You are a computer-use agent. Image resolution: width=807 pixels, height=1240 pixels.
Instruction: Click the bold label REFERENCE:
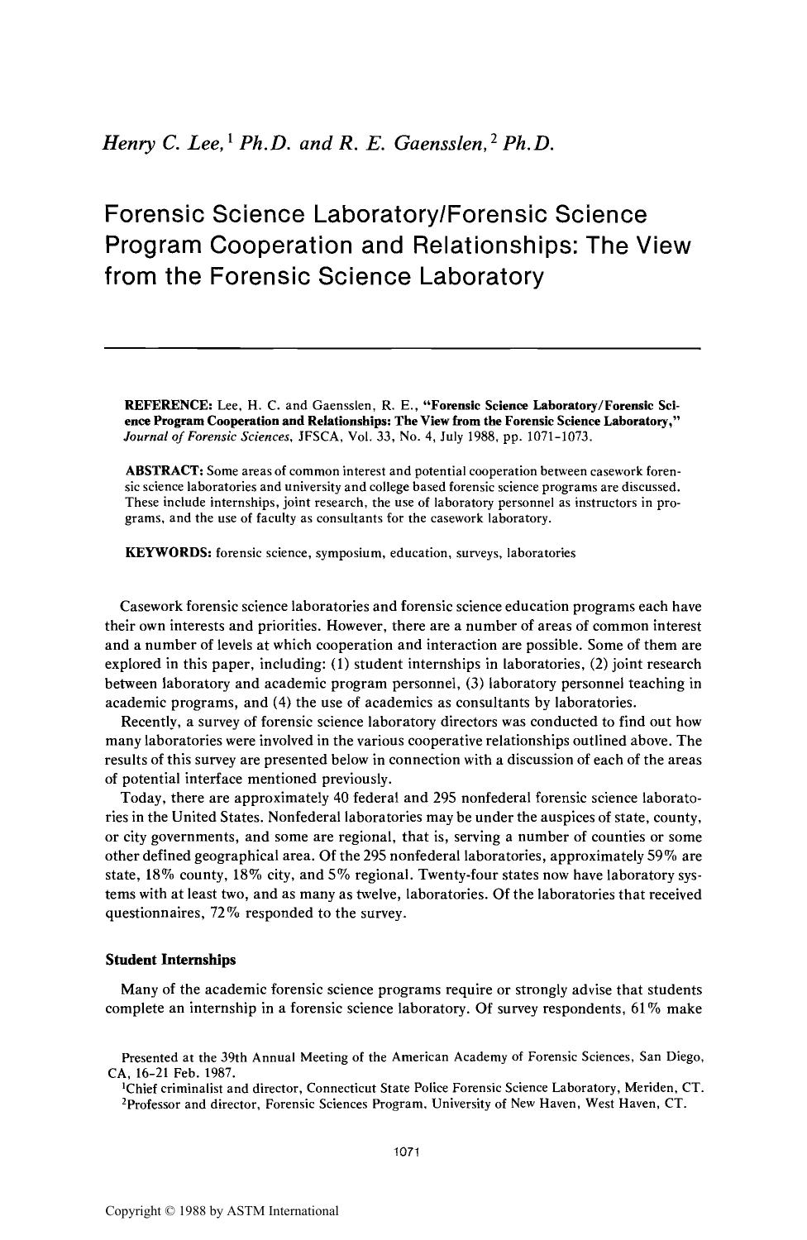tap(168, 406)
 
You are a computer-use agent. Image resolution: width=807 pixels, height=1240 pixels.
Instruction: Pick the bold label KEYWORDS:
tap(168, 552)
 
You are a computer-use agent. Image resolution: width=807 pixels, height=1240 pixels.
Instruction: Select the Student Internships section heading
tap(170, 960)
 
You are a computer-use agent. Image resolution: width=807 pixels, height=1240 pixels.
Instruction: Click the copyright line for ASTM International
tap(222, 1211)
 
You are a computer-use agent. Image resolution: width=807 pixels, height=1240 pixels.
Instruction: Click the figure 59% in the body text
tap(640, 856)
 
